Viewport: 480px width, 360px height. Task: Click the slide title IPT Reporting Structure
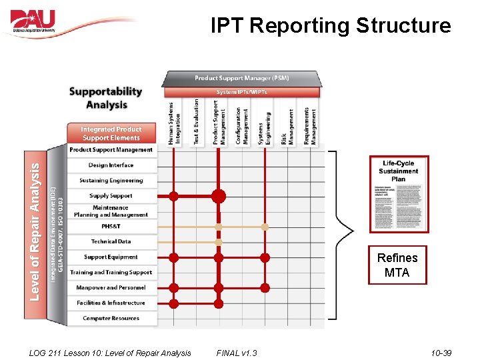[x=331, y=26]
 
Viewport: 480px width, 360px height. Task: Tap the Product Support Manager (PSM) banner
[x=242, y=78]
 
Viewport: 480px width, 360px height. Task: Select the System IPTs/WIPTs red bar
[x=241, y=92]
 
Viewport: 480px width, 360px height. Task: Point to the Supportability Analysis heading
[x=106, y=97]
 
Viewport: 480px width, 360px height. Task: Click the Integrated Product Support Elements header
[x=111, y=133]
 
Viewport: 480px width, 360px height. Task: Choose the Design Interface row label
[x=111, y=165]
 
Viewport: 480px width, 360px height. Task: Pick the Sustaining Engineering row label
[x=111, y=181]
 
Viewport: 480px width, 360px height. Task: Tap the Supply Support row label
[x=111, y=196]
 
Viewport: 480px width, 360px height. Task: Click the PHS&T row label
[x=111, y=227]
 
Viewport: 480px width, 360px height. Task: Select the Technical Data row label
[x=111, y=241]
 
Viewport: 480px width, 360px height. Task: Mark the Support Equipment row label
[x=111, y=257]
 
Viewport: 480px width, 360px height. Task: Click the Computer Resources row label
[x=111, y=318]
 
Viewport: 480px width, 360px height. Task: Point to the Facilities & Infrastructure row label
[x=111, y=303]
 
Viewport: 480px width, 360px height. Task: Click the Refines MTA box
[x=397, y=265]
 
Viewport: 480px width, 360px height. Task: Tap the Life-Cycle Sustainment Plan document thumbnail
[x=399, y=194]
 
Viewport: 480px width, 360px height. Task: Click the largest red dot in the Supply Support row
[x=219, y=196]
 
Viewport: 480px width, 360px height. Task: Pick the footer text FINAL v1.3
[x=237, y=353]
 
